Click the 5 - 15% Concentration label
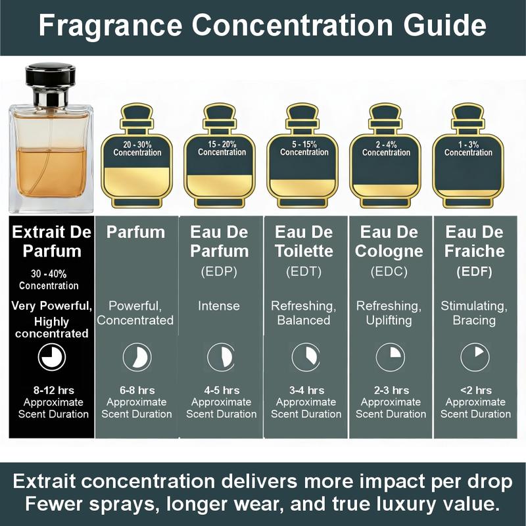[x=304, y=147]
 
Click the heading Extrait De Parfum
[x=47, y=241]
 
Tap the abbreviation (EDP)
[x=219, y=272]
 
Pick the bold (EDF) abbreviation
[x=473, y=272]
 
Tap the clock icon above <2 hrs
[x=473, y=357]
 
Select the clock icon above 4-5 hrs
[x=220, y=357]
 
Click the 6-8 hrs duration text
[x=137, y=391]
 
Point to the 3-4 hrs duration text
[x=306, y=391]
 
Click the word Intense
[x=219, y=306]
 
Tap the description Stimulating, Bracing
[x=473, y=313]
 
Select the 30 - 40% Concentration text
[x=49, y=279]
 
